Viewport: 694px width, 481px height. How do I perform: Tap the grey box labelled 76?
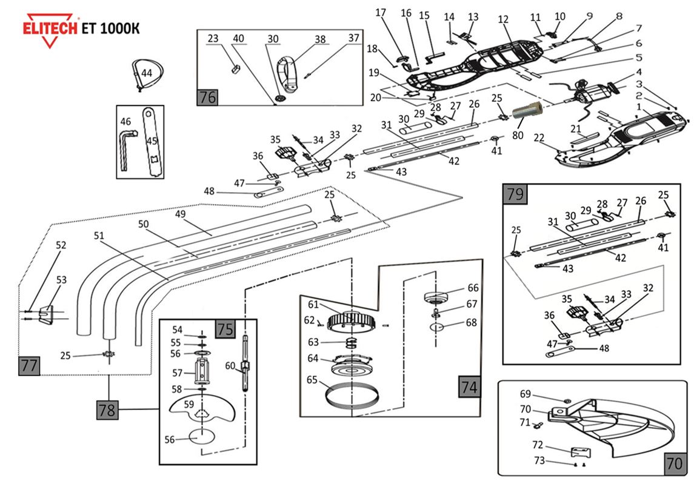pos(207,97)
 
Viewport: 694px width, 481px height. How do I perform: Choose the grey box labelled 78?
pos(107,410)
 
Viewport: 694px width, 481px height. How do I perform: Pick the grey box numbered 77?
pos(29,366)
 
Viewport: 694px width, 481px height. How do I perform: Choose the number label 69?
pos(525,394)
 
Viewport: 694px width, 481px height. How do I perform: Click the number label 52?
pos(61,245)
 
